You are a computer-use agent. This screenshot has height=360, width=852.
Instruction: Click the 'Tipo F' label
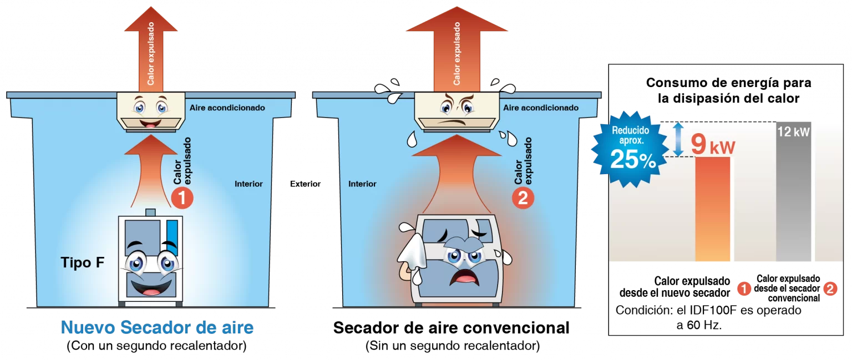pos(82,263)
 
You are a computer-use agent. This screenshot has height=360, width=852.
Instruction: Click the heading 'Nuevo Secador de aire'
pos(157,327)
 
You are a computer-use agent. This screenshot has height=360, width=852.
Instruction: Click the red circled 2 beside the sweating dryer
pos(523,198)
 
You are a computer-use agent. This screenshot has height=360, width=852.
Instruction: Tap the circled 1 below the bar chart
pos(743,288)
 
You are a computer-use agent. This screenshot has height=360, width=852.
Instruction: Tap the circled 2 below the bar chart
pos(830,288)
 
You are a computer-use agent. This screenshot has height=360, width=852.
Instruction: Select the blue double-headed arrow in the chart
pos(678,140)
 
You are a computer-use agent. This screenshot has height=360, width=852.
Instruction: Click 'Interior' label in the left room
pos(248,184)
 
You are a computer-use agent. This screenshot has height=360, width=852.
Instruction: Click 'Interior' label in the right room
pos(362,184)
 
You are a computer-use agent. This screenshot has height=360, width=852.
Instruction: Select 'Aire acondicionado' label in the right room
pos(540,108)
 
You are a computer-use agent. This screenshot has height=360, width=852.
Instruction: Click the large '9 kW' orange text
pos(713,146)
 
